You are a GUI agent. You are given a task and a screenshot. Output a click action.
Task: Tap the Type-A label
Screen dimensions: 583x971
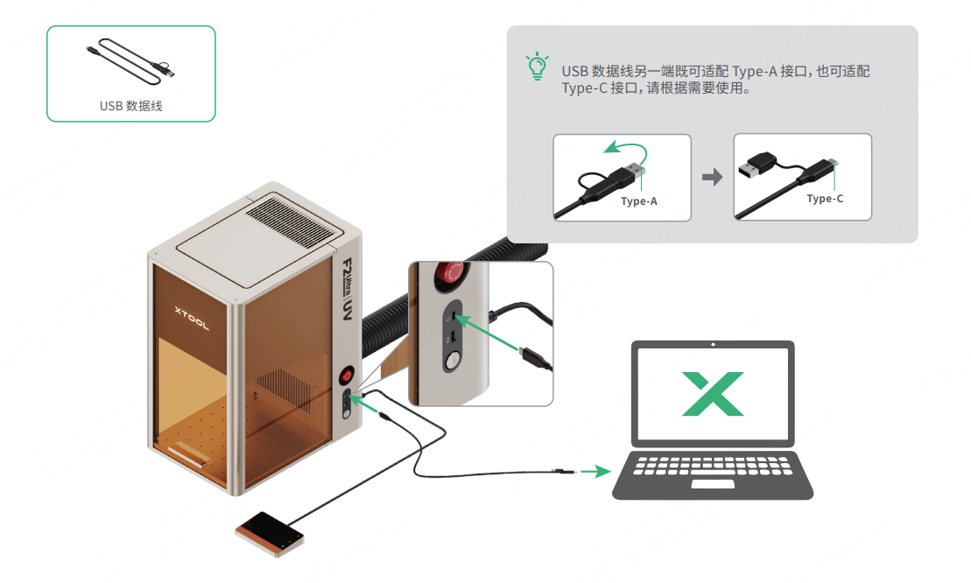tap(638, 201)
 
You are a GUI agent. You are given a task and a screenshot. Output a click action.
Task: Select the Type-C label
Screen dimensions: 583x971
tap(825, 199)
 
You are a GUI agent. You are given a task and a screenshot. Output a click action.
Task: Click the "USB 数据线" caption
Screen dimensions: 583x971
tap(131, 106)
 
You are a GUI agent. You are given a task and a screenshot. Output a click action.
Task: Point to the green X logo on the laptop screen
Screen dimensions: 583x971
tap(714, 394)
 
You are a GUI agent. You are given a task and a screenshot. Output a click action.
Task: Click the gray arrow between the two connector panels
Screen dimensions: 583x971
tap(713, 177)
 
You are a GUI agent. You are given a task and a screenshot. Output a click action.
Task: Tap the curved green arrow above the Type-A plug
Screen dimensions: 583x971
tap(626, 146)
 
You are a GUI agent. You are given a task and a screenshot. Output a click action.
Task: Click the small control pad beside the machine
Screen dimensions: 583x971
tap(270, 531)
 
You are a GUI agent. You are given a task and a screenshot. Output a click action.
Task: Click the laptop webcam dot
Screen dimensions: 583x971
tap(714, 345)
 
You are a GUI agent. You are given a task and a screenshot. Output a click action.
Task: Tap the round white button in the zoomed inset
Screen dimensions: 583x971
tap(452, 361)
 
